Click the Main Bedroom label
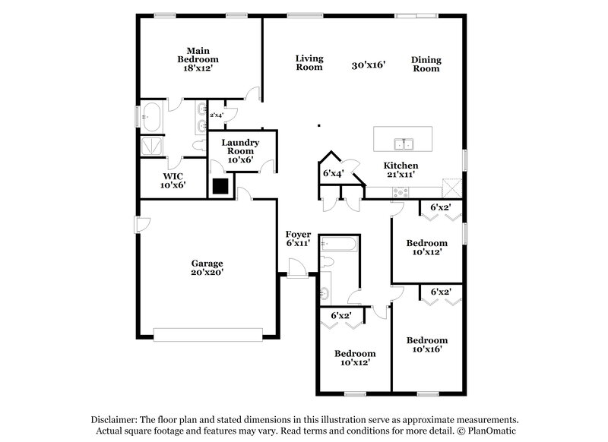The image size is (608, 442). click(x=198, y=59)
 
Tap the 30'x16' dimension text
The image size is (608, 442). click(x=369, y=66)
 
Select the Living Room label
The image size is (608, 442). click(x=309, y=62)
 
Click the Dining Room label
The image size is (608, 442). click(x=426, y=64)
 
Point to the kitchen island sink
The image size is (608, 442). click(x=402, y=143)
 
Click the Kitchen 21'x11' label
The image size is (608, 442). click(x=401, y=169)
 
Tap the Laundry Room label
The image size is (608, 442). click(x=241, y=151)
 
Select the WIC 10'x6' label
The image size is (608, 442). click(x=173, y=180)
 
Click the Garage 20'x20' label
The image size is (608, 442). click(x=207, y=267)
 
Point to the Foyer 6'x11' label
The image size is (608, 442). click(x=298, y=238)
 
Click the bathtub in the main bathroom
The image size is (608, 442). click(x=150, y=118)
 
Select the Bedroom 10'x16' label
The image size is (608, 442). click(x=426, y=345)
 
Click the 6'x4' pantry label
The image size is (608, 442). click(x=334, y=173)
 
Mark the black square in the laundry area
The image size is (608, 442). click(x=221, y=186)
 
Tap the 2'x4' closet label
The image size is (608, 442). click(x=216, y=115)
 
